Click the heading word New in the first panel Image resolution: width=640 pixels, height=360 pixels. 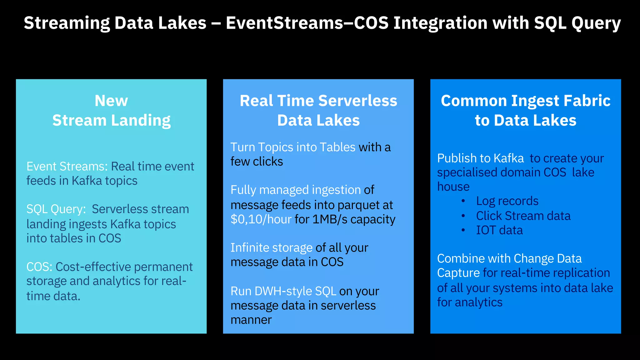111,101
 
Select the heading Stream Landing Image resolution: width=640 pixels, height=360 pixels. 111,121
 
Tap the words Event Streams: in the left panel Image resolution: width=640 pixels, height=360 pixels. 67,167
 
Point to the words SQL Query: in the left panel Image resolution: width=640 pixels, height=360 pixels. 56,209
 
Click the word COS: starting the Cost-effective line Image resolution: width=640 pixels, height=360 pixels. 39,267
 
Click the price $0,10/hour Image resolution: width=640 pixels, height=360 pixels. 261,219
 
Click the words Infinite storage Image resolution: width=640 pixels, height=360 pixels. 271,248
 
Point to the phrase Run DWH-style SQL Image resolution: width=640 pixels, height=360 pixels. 283,291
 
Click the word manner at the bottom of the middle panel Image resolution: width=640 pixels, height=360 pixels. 251,320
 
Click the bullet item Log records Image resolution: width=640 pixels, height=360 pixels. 507,201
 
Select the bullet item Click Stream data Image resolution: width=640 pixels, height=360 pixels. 523,216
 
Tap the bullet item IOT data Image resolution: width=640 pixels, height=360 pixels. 499,230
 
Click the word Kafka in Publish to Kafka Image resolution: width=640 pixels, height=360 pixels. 509,158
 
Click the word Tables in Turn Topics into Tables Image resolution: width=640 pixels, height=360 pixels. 337,147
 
